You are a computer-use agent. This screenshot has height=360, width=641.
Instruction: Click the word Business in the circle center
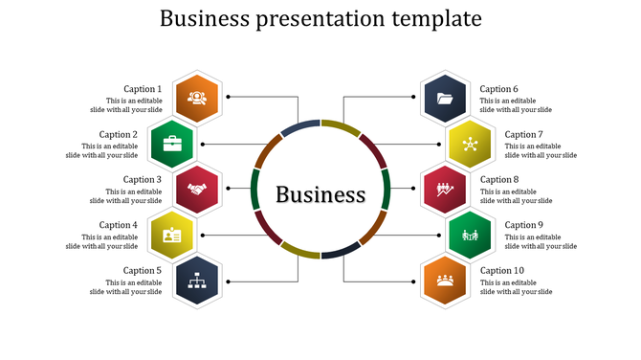[x=320, y=194]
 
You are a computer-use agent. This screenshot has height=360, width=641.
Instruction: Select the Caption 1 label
[x=143, y=89]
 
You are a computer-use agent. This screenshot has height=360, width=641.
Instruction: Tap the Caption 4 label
[x=119, y=225]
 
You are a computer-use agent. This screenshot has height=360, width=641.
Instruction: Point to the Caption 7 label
[x=523, y=135]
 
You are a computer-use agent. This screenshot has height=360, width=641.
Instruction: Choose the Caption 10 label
[x=501, y=271]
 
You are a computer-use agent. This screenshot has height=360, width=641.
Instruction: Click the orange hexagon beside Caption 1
[x=197, y=98]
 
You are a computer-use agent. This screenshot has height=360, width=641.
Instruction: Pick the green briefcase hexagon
[x=172, y=144]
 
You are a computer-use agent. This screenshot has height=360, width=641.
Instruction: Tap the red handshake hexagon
[x=197, y=189]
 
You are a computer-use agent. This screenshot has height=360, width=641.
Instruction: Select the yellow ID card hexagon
[x=172, y=235]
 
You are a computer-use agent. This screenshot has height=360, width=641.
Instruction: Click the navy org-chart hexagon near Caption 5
[x=197, y=281]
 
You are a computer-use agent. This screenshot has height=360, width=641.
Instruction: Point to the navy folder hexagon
[x=444, y=98]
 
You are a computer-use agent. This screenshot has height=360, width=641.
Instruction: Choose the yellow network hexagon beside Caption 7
[x=469, y=144]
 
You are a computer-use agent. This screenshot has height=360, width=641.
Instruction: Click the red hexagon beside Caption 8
[x=444, y=189]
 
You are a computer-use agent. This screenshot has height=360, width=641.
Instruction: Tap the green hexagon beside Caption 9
[x=469, y=235]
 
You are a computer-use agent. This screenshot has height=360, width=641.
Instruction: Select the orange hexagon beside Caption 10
[x=444, y=281]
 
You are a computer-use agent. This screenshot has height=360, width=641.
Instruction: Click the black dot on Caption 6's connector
[x=413, y=98]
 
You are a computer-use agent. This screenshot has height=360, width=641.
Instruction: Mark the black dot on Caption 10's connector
[x=413, y=281]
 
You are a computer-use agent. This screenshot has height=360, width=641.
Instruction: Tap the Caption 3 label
[x=143, y=180]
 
